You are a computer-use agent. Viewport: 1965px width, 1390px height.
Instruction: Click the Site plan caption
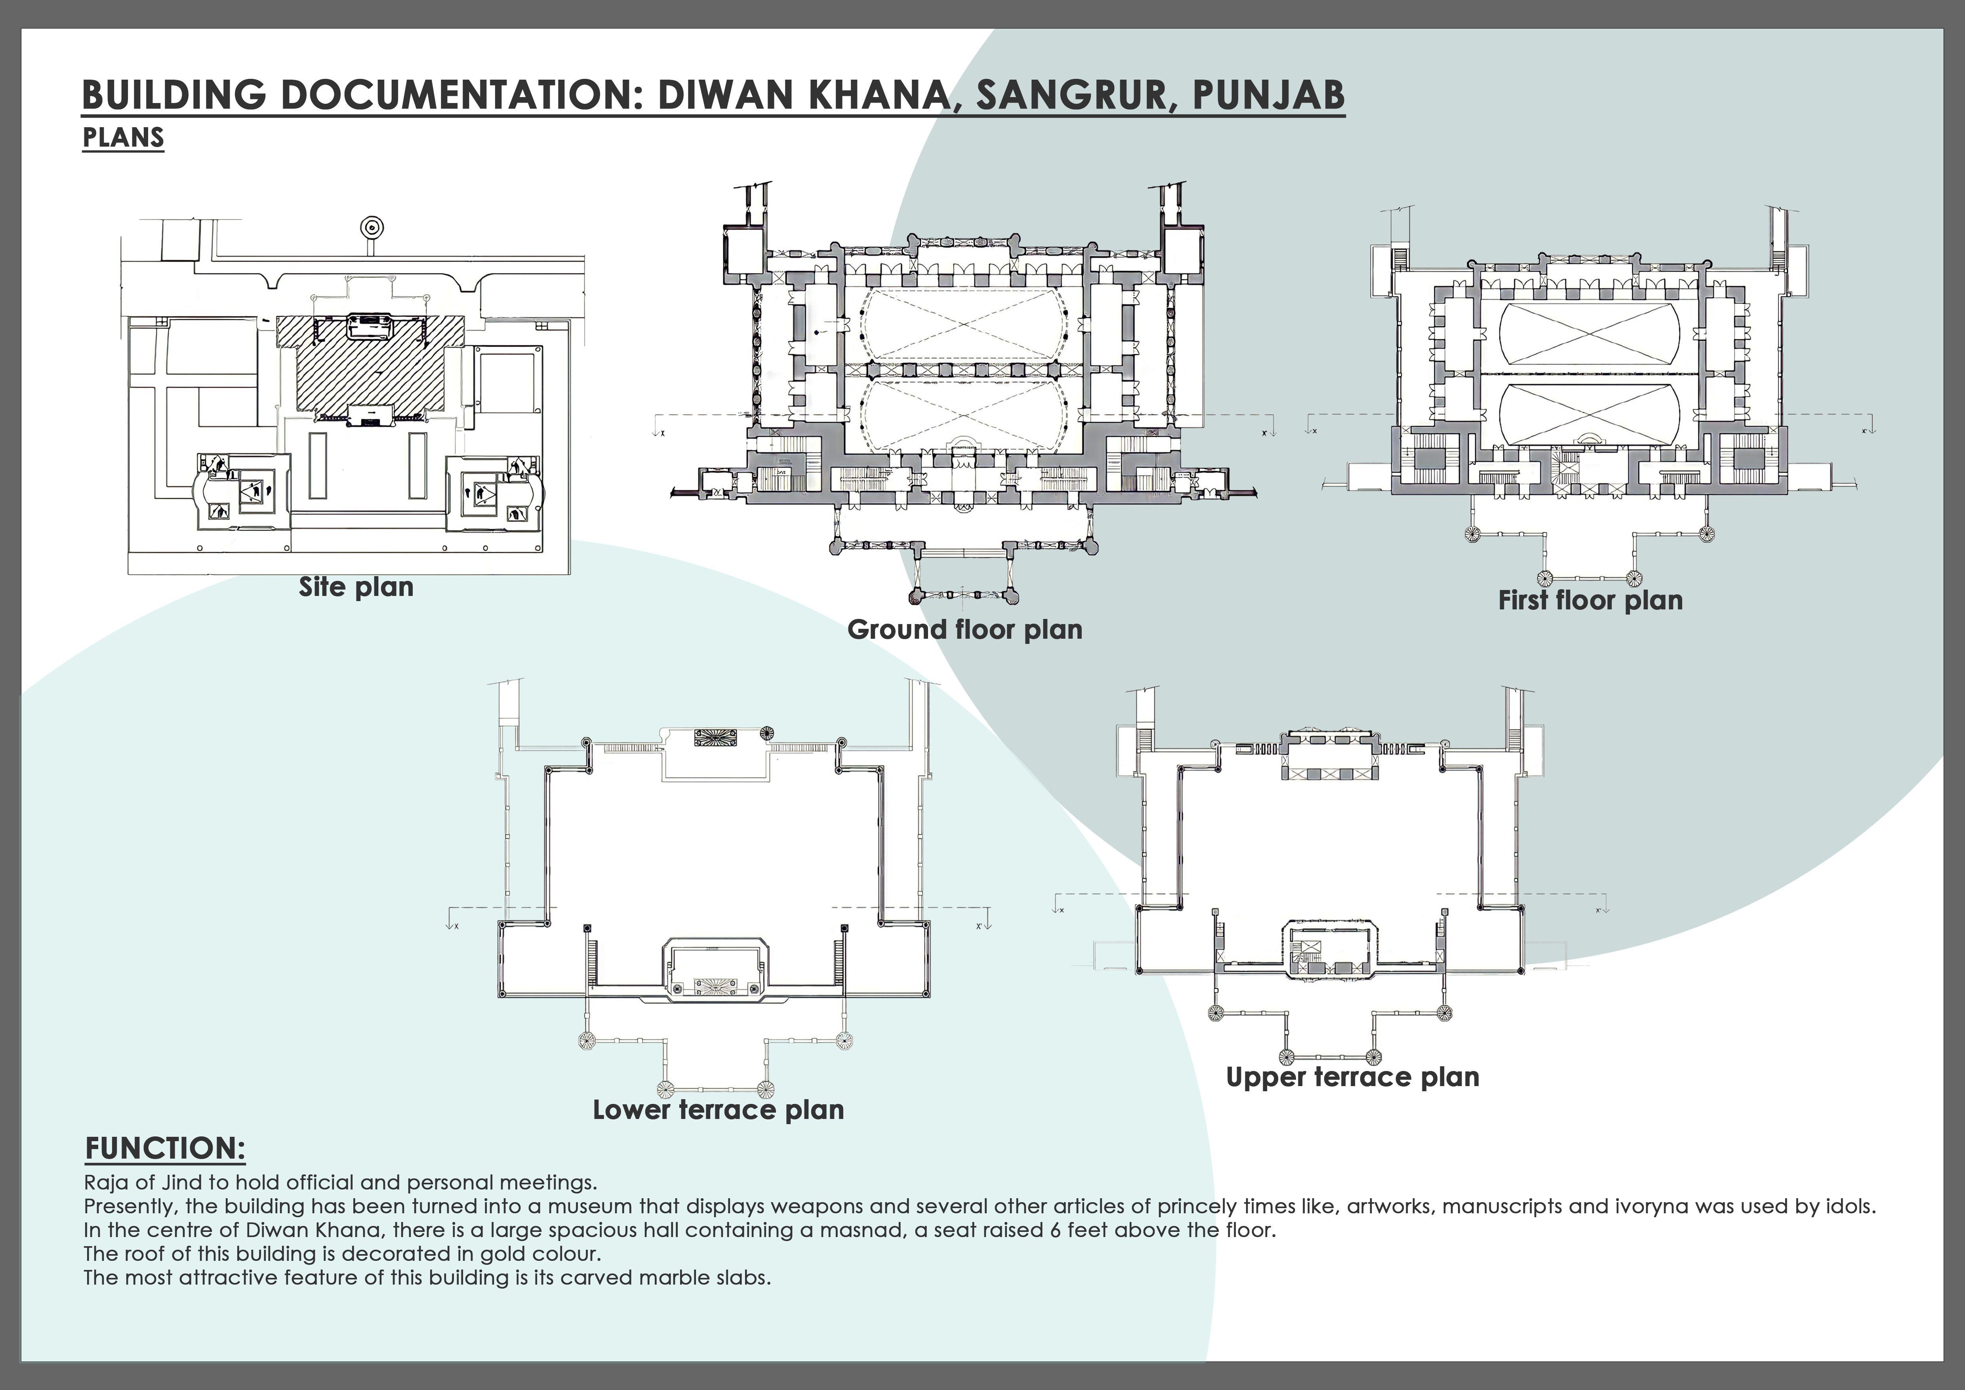tap(356, 587)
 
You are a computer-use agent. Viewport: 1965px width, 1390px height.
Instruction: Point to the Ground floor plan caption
tap(964, 630)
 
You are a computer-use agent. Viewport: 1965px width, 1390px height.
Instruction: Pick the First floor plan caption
tap(1590, 600)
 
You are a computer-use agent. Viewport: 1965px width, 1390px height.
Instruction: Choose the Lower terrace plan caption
tap(718, 1110)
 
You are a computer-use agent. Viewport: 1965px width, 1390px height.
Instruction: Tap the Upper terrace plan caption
tap(1352, 1077)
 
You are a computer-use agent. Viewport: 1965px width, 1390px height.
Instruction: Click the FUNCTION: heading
tap(165, 1149)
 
